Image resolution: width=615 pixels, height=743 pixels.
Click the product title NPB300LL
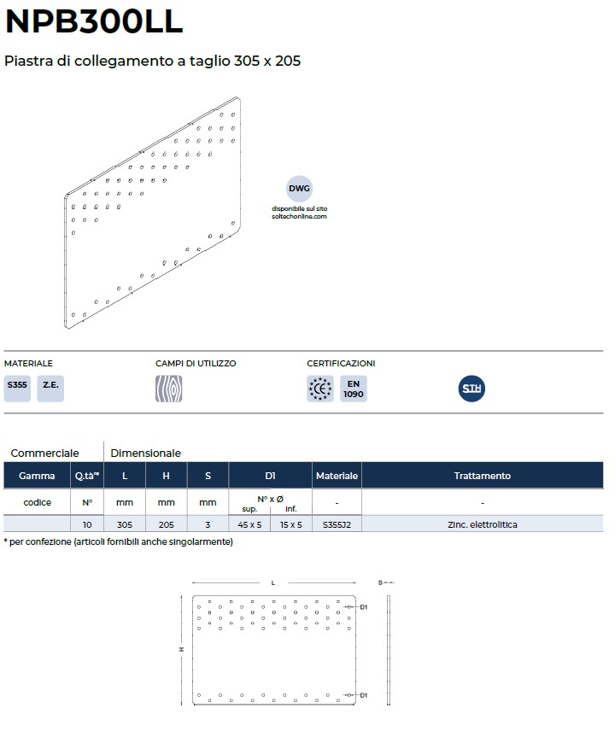point(94,21)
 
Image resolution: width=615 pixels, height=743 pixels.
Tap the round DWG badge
point(299,188)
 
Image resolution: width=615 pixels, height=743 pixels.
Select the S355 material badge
point(17,389)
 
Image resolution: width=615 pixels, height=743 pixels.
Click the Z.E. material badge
point(50,389)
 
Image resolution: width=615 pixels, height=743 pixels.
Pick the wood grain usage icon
point(168,389)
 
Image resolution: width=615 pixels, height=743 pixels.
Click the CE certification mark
point(320,389)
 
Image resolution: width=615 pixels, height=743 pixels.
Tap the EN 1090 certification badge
point(354,389)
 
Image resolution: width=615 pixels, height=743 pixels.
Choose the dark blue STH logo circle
point(471,389)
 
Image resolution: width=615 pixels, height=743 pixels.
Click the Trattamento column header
point(483,476)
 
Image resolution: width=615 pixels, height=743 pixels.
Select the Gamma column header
point(37,476)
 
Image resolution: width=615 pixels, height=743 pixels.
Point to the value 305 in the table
point(125,524)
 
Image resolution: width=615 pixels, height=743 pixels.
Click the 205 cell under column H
point(167,524)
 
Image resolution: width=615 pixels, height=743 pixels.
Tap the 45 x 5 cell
point(249,524)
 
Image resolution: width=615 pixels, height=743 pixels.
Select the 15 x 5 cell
point(291,524)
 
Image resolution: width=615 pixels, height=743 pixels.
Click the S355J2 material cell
point(337,524)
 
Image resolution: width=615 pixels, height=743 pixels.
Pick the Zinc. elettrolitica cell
point(483,524)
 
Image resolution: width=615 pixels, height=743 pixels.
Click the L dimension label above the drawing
point(273,582)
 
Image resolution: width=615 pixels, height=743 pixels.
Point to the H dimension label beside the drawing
point(181,649)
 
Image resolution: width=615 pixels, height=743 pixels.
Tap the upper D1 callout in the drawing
point(363,607)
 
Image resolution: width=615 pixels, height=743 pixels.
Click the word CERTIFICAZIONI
point(341,364)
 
